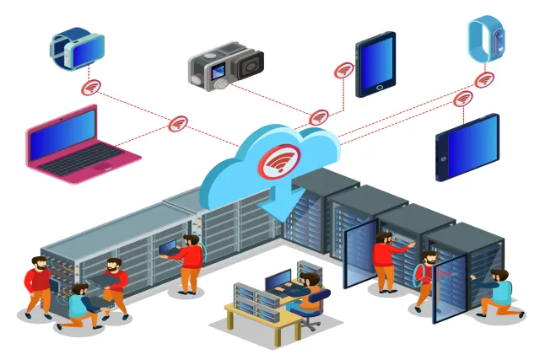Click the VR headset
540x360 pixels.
pyautogui.click(x=77, y=49)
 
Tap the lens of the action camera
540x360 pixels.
pyautogui.click(x=251, y=65)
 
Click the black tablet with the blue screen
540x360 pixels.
pyautogui.click(x=375, y=65)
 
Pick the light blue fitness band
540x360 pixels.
pyautogui.click(x=487, y=40)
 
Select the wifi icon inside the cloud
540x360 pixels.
pyautogui.click(x=277, y=159)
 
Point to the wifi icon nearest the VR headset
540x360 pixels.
pyautogui.click(x=91, y=88)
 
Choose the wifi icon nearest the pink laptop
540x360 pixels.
pyautogui.click(x=178, y=124)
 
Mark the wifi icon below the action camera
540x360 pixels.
pyautogui.click(x=319, y=117)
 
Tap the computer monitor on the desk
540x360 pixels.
pyautogui.click(x=278, y=281)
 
